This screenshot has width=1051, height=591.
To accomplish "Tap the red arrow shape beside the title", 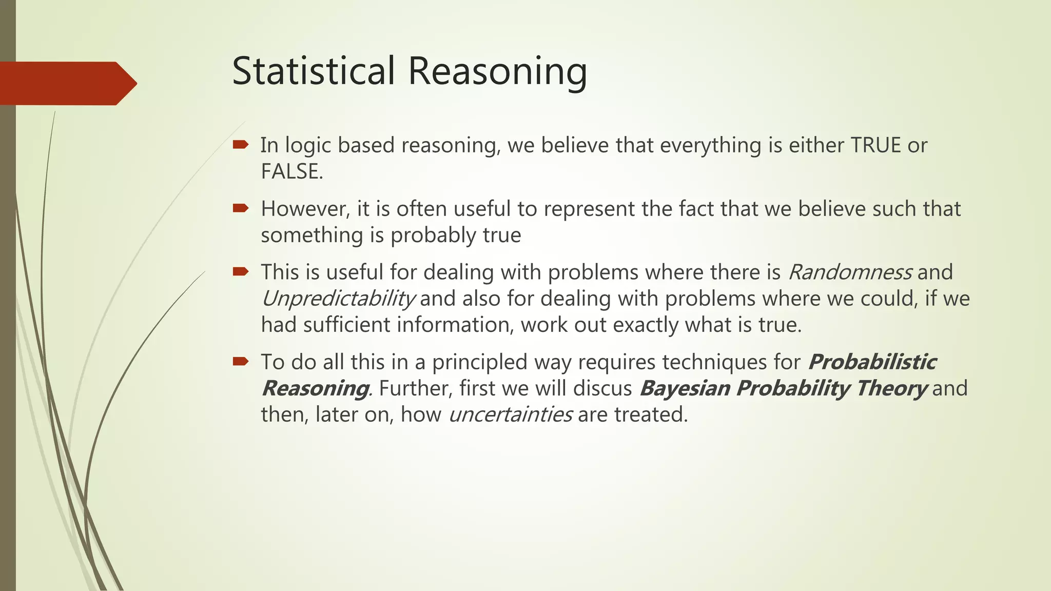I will tap(67, 84).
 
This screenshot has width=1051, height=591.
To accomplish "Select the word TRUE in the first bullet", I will tap(875, 146).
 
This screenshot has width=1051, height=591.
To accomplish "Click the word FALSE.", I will tap(290, 172).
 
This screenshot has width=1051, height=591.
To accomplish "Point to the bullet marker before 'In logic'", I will tap(240, 145).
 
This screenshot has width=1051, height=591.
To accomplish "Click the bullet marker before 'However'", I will tap(240, 208).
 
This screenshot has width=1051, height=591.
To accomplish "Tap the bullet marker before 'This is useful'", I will tap(240, 271).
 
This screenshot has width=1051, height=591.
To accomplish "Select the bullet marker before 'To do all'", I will tap(240, 362).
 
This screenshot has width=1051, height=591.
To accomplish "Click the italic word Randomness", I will tap(850, 272).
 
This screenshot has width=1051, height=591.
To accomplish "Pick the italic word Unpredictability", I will tap(338, 299).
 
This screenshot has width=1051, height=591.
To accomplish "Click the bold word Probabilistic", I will tap(871, 362).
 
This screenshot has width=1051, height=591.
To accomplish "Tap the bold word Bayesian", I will tap(685, 388).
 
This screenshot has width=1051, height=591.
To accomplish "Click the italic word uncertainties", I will tap(510, 415).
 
